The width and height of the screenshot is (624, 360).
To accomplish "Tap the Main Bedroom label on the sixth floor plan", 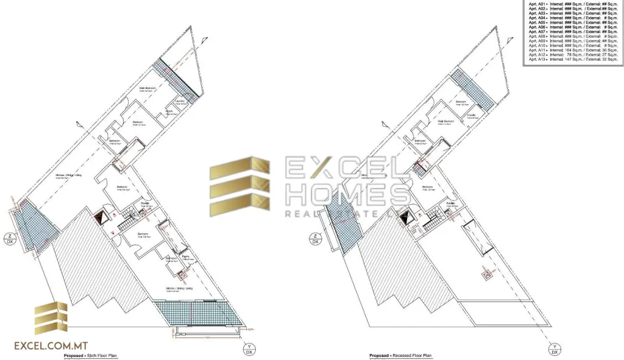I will click(x=148, y=88).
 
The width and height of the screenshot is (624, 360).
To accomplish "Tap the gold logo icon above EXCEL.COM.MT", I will click(x=51, y=318).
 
